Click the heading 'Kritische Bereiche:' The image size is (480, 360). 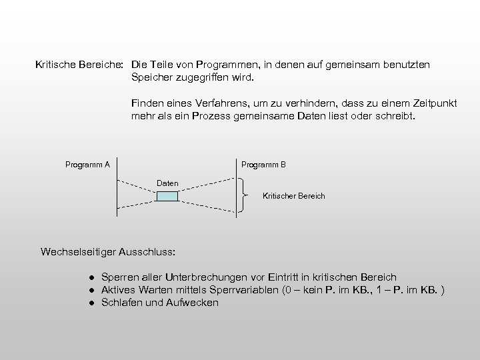click(79, 65)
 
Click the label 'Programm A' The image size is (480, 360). click(87, 164)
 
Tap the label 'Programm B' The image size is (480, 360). click(263, 164)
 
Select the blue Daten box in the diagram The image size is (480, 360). click(167, 196)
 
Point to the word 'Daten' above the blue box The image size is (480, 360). click(167, 183)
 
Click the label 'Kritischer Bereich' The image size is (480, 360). click(294, 196)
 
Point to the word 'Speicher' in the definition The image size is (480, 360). click(152, 78)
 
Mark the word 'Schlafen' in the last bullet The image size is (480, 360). click(121, 303)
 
